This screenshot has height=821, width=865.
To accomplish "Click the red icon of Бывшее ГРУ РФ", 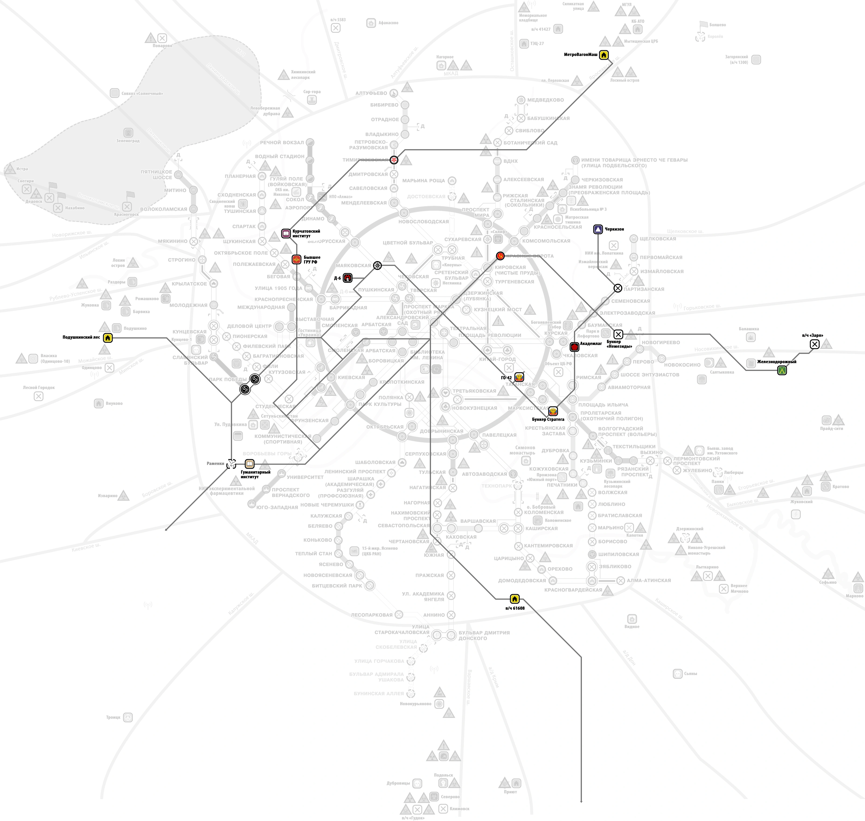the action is pyautogui.click(x=296, y=260).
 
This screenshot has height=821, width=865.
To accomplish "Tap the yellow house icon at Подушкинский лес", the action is pyautogui.click(x=108, y=338).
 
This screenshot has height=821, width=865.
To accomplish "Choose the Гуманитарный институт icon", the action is pyautogui.click(x=249, y=464).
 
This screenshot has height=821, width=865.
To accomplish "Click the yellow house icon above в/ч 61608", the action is pyautogui.click(x=515, y=599).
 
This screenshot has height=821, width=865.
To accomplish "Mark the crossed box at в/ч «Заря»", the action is pyautogui.click(x=814, y=344).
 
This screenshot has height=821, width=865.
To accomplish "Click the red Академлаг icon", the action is pyautogui.click(x=575, y=347).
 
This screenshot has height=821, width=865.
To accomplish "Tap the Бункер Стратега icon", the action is pyautogui.click(x=553, y=411).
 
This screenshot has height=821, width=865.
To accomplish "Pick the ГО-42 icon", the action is pyautogui.click(x=519, y=377).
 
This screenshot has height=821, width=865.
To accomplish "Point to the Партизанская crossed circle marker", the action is pyautogui.click(x=618, y=288).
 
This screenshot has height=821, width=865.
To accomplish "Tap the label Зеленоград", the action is pyautogui.click(x=128, y=141).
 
